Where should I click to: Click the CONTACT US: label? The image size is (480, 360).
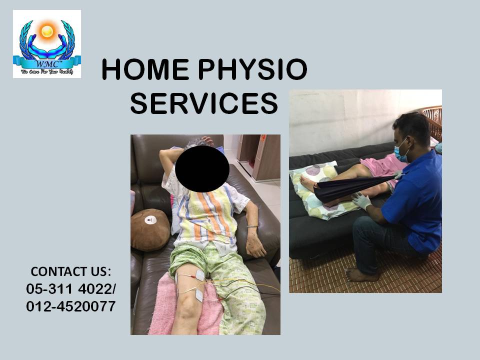[x=70, y=271]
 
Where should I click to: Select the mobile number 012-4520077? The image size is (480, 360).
[x=70, y=305]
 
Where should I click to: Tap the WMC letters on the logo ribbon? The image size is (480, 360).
[x=46, y=62]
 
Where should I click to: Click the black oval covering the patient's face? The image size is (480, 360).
[x=201, y=169]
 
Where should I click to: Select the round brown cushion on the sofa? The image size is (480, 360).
[x=149, y=229]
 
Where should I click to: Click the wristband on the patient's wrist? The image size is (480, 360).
[x=252, y=226]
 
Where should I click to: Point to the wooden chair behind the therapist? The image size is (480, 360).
[x=433, y=122]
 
